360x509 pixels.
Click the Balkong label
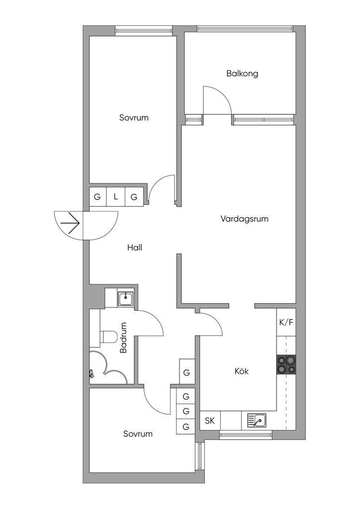point(242,74)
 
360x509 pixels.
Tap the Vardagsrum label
point(245,218)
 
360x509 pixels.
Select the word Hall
point(135,247)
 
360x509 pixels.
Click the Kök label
point(242,371)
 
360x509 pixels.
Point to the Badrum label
point(124,338)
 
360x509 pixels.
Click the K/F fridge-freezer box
point(286,322)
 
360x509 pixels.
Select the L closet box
point(116,196)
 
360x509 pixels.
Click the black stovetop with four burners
point(286,365)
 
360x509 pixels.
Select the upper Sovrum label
point(134,118)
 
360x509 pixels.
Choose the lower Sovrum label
point(138,434)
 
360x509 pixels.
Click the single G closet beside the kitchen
point(186,372)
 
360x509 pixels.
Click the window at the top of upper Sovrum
point(144,30)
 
